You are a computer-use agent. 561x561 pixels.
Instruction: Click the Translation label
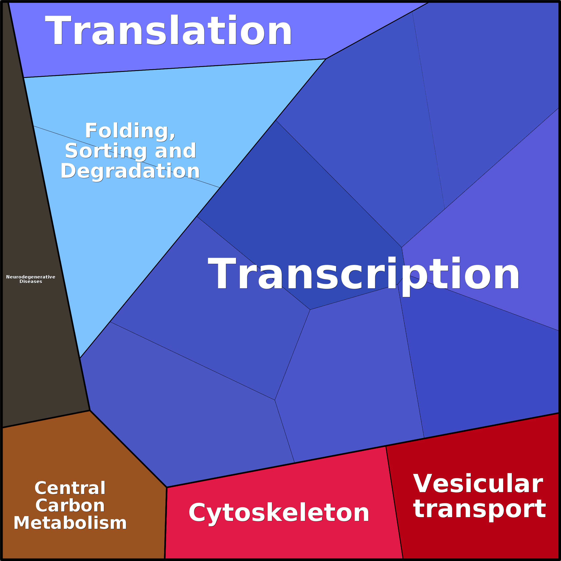(x=168, y=30)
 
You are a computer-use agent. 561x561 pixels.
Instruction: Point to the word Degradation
(x=130, y=171)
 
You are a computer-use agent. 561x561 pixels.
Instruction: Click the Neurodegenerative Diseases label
(x=31, y=279)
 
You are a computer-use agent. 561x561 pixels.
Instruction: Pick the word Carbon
(x=70, y=506)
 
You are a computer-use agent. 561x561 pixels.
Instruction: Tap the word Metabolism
(x=70, y=523)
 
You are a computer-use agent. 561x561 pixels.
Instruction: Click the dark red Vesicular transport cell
(x=476, y=494)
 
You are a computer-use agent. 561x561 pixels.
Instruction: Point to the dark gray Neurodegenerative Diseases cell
(x=35, y=261)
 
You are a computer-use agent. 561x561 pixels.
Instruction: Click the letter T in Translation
(x=58, y=30)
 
